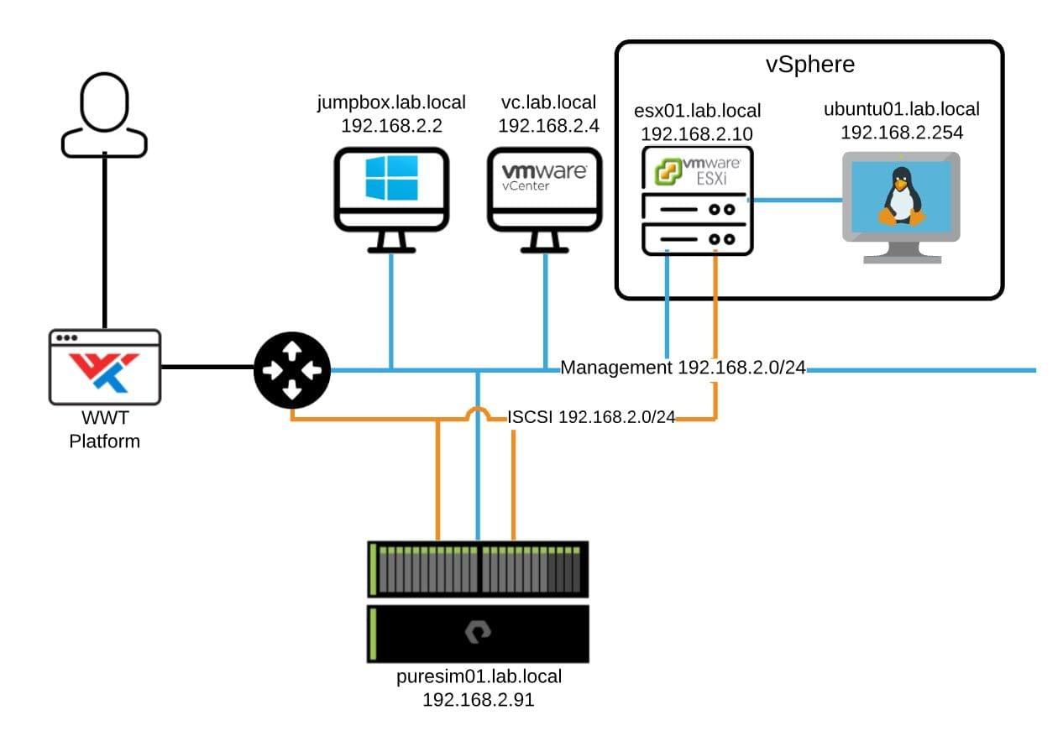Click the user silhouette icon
click(104, 115)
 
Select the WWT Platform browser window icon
click(105, 367)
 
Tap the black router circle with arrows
click(292, 370)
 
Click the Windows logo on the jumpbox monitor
click(391, 177)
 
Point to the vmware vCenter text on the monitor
click(544, 177)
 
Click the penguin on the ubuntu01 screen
click(901, 196)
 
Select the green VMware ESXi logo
click(668, 171)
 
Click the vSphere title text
click(810, 64)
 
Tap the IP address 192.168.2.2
click(391, 126)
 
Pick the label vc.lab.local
click(548, 102)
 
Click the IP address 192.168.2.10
click(697, 133)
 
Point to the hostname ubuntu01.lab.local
click(902, 109)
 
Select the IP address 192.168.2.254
click(902, 133)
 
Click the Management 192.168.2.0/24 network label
click(683, 368)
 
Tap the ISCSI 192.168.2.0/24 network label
click(591, 417)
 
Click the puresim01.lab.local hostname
click(479, 676)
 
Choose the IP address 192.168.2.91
click(479, 700)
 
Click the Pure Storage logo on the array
click(478, 632)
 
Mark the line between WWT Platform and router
click(208, 367)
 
